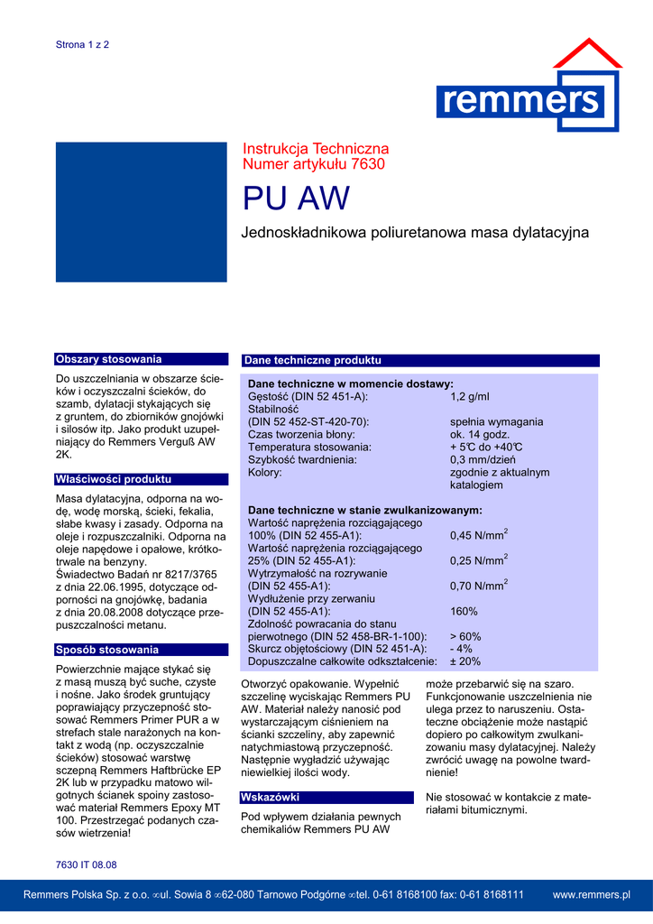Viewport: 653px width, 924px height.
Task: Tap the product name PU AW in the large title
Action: [296, 199]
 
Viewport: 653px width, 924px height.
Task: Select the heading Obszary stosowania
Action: [109, 359]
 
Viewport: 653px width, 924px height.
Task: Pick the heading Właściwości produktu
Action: [114, 479]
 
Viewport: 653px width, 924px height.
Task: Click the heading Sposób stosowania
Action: [107, 650]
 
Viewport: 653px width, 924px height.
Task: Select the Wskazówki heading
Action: [270, 797]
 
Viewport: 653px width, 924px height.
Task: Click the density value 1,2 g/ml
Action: [469, 396]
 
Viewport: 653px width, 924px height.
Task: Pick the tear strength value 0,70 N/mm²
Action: [479, 586]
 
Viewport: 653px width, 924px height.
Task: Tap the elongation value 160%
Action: [464, 611]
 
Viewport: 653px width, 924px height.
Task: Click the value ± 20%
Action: [465, 661]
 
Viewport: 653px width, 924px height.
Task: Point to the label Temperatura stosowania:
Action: [309, 447]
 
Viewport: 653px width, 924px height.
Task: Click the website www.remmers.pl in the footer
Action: [591, 894]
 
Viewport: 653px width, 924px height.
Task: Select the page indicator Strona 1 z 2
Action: [83, 44]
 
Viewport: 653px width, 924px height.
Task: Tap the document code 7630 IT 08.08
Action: [87, 864]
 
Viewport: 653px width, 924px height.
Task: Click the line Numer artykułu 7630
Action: [314, 164]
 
